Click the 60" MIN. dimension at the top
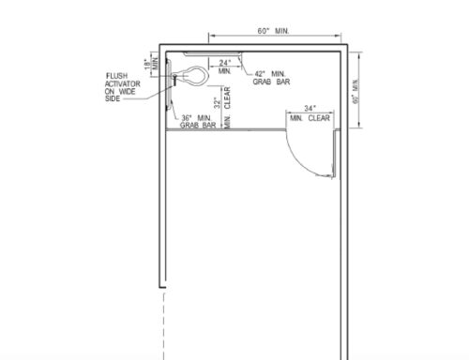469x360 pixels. [x=272, y=32]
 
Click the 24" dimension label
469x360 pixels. [x=225, y=63]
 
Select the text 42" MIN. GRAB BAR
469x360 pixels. [x=270, y=78]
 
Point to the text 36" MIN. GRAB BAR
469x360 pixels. [x=200, y=121]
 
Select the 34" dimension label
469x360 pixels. [x=309, y=109]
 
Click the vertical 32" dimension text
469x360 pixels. [x=217, y=102]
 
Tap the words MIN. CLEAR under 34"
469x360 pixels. [x=310, y=119]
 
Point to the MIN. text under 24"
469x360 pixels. [x=225, y=71]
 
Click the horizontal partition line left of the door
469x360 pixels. [x=225, y=131]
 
